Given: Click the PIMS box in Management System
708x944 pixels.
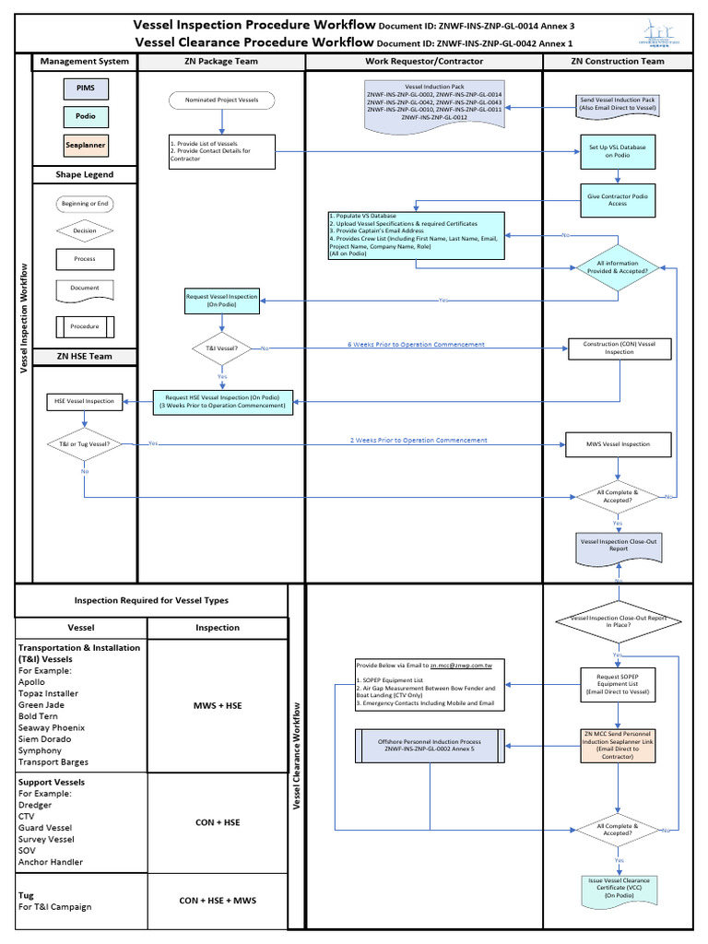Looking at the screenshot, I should (85, 88).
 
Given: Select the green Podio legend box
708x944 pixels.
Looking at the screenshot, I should (85, 117).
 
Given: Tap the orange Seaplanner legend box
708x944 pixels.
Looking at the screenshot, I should (85, 146).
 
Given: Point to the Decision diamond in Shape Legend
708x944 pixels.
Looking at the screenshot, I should (85, 231).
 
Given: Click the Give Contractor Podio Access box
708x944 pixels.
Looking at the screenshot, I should (618, 198).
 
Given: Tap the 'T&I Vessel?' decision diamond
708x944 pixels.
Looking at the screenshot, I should (221, 348).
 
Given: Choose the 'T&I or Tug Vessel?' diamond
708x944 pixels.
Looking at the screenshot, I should (84, 444).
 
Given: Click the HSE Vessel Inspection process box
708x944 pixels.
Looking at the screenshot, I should (84, 401).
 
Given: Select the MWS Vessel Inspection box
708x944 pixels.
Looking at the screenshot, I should (618, 444).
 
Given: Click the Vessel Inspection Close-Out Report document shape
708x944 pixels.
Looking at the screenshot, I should (618, 545).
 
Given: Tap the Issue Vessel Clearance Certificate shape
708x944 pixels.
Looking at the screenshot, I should (618, 887).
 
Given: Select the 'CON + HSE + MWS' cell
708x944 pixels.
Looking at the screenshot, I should (218, 901).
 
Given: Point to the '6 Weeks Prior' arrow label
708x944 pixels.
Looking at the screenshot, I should (415, 345).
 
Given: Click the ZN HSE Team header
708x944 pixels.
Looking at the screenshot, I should (85, 357).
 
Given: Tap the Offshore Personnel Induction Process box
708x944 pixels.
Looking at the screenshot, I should (421, 746).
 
